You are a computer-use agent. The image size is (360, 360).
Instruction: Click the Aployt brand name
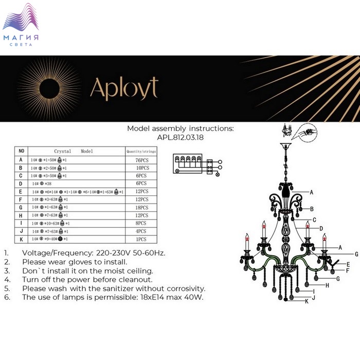point(124,88)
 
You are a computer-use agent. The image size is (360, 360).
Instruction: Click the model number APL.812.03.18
point(180,137)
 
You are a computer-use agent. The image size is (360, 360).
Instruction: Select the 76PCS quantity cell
point(141,160)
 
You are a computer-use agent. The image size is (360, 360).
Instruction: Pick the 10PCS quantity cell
point(141,168)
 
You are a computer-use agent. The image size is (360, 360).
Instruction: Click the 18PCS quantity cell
point(141,207)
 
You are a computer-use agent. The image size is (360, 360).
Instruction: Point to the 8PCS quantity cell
point(141,223)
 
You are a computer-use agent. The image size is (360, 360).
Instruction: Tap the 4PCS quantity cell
point(141,231)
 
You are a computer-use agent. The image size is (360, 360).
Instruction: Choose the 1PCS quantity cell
point(141,239)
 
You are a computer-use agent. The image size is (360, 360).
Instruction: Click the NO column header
point(21,151)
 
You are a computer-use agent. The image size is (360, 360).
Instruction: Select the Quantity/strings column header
point(141,151)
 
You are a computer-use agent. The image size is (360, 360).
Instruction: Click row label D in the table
point(21,184)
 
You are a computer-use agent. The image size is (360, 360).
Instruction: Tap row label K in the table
point(21,239)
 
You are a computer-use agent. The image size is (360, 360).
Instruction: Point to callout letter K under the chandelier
point(307,302)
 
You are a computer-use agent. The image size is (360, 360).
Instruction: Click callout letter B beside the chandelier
point(312,208)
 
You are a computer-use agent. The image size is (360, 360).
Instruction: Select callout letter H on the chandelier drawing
point(326,285)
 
